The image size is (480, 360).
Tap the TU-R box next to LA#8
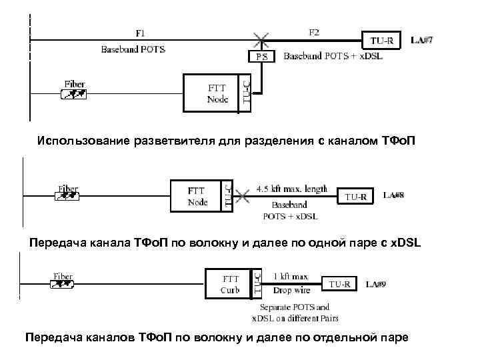point(355,197)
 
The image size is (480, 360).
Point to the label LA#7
point(422,41)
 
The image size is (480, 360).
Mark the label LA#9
point(378,284)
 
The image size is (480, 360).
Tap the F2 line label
point(314,31)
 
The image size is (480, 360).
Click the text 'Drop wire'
point(291,290)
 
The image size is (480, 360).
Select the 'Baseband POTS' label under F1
point(133,49)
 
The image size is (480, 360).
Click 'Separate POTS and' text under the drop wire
point(295,307)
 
